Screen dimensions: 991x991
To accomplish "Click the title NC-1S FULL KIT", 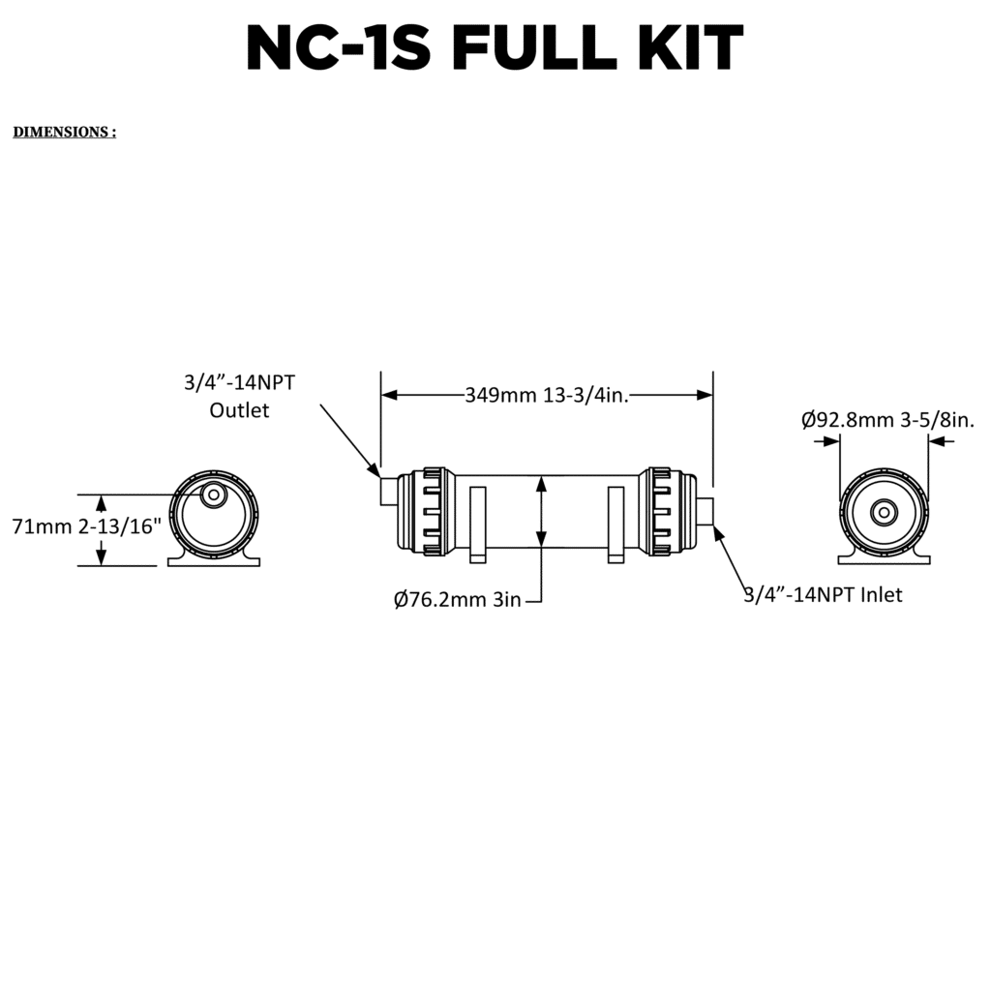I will pos(495,47).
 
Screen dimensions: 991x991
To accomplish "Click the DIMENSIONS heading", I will pos(64,133).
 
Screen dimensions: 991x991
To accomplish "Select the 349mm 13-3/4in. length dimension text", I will pos(547,395).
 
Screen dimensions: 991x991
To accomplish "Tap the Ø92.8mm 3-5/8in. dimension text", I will pos(887,419).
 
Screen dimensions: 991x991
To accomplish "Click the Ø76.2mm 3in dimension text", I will pos(458,600).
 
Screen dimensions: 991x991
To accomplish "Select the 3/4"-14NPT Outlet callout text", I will pos(239,396).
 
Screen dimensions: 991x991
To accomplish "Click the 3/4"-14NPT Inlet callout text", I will pos(823,594).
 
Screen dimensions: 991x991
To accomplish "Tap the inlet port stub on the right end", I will pos(704,511).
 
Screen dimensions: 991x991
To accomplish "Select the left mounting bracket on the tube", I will pos(477,524).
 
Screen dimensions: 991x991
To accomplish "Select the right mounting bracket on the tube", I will pos(616,524).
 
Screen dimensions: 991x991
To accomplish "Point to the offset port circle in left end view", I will pos(213,495).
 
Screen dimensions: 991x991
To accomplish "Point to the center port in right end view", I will pos(884,512).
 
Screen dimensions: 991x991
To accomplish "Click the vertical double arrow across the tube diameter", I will pos(542,512).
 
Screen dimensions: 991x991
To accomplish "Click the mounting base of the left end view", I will pos(215,558).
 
